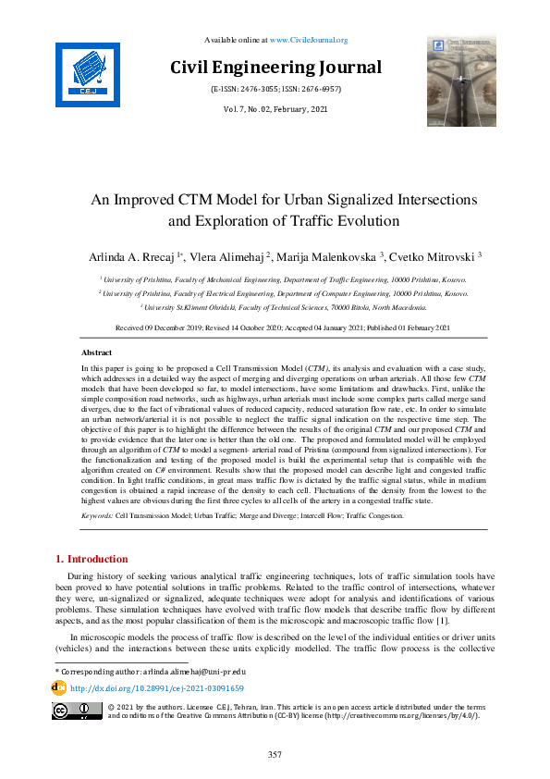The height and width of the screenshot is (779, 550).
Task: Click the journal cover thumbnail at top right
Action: (x=463, y=80)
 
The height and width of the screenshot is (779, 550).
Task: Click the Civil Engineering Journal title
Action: (x=275, y=68)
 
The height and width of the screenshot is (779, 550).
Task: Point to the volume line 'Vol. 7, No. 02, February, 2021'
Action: (x=275, y=110)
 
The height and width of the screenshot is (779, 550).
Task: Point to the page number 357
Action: (x=275, y=755)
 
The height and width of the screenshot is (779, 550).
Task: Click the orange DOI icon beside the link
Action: (x=60, y=688)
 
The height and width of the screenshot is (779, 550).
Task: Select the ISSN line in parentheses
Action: (x=275, y=91)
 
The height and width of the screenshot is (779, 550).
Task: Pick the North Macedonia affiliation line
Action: (x=283, y=306)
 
